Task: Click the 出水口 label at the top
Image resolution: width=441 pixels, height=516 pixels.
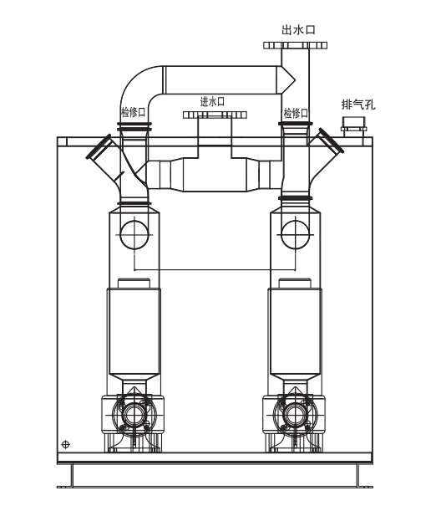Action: point(298,29)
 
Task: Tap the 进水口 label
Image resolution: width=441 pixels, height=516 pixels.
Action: point(212,101)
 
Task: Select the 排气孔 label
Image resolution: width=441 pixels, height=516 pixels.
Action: point(358,105)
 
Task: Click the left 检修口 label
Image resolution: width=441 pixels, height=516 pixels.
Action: point(133,112)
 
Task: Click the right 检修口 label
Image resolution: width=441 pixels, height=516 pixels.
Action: point(296,113)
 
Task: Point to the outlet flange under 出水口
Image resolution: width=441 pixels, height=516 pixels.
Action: point(295,45)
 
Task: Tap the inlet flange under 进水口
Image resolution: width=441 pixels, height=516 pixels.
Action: point(215,115)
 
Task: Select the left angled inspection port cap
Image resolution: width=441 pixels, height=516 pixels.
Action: point(99,146)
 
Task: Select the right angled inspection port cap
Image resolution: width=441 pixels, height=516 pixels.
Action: point(331,140)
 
